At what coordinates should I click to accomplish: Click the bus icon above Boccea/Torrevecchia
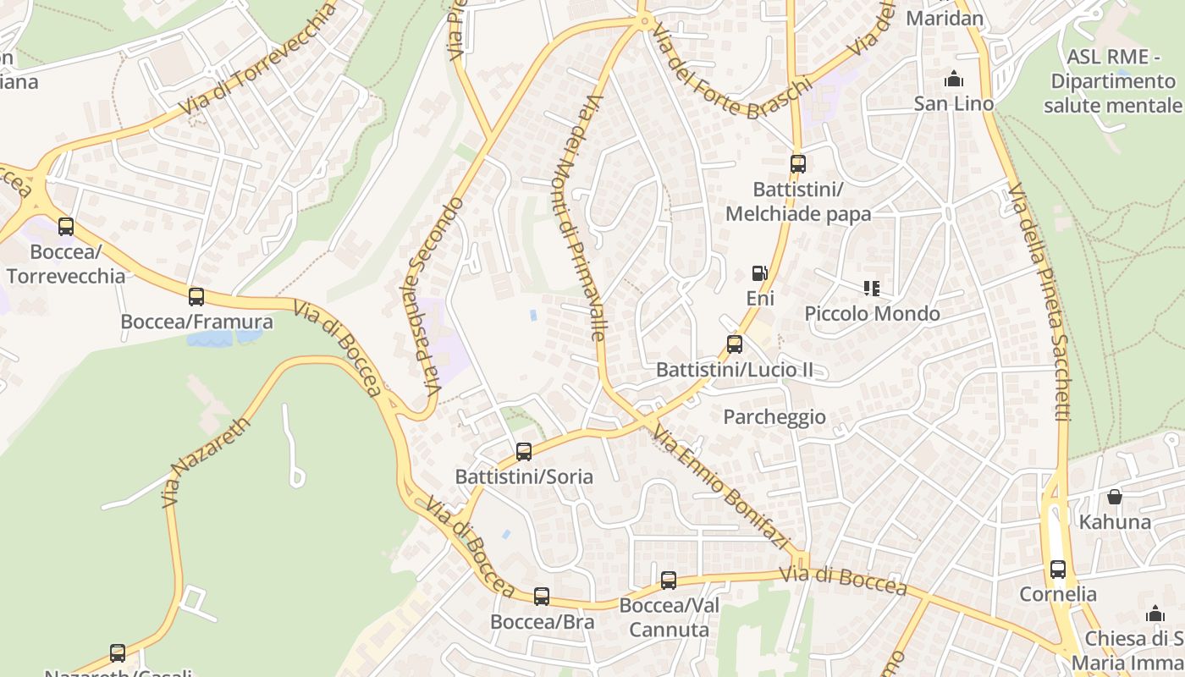(66, 227)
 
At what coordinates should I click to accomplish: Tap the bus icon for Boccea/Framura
(196, 297)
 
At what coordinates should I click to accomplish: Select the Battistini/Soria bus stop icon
(524, 452)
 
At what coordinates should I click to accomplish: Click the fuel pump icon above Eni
(760, 273)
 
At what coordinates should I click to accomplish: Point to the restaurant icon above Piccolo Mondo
(872, 289)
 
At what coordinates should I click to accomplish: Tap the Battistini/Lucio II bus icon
(735, 344)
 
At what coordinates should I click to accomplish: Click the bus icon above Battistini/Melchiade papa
(798, 164)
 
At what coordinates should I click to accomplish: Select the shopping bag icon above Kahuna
(1115, 497)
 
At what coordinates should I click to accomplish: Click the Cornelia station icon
(1058, 570)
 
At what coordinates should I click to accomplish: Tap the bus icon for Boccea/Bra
(542, 597)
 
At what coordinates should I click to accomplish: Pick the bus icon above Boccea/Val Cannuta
(669, 581)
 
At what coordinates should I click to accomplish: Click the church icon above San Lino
(954, 80)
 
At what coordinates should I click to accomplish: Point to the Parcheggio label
(774, 417)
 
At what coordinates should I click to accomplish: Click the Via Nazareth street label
(207, 461)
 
